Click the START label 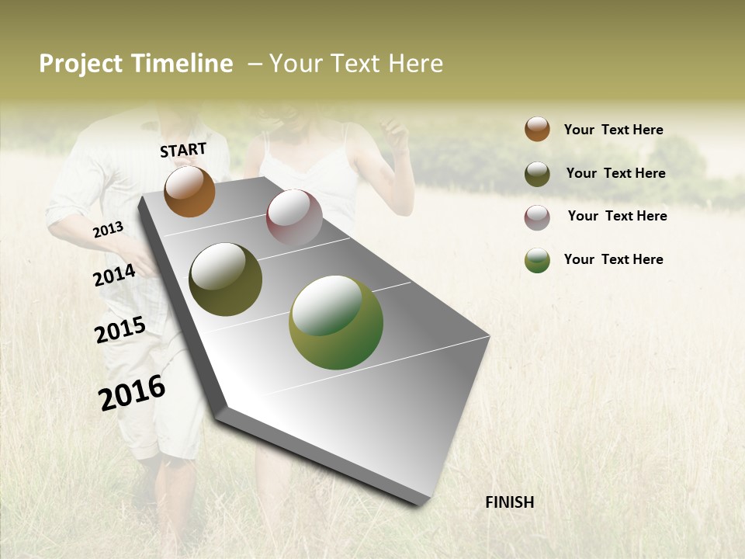tap(183, 150)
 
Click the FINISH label tap(509, 502)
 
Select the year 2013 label tap(108, 230)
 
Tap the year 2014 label tap(114, 276)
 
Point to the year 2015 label tap(120, 330)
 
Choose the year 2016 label tap(132, 392)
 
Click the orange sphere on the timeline tap(189, 191)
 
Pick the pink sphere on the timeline tap(294, 217)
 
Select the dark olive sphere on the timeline tap(225, 279)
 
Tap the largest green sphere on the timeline tap(335, 322)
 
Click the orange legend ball tap(537, 129)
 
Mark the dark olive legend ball tap(537, 174)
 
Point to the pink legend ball tap(537, 217)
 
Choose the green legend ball tap(537, 260)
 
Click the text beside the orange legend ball tap(613, 130)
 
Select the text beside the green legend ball tap(613, 259)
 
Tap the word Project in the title tap(80, 64)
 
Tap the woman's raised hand tap(397, 134)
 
